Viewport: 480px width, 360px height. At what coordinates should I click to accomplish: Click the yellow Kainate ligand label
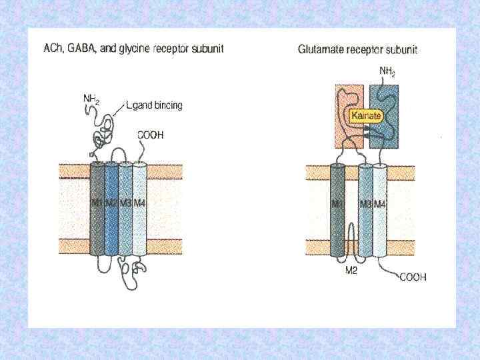pos(366,116)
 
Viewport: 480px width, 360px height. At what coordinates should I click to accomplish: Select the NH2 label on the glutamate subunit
pos(387,71)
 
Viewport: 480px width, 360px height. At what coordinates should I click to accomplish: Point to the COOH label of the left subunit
pos(151,135)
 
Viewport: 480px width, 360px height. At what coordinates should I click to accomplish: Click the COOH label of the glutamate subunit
pos(413,277)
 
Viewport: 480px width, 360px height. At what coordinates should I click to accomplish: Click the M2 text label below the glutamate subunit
pos(351,271)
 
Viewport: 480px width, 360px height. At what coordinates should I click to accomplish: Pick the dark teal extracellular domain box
pos(388,100)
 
